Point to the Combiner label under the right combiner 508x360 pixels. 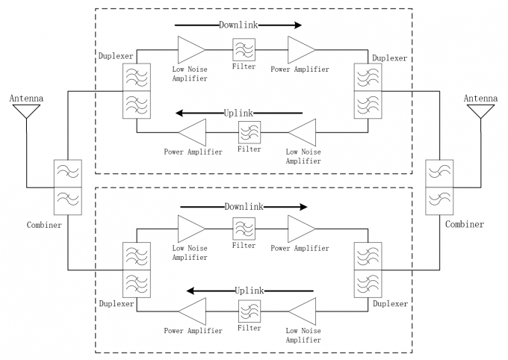point(465,224)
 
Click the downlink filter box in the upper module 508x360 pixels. point(244,50)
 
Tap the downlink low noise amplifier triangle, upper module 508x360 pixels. point(190,50)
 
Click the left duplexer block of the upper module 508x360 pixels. point(136,91)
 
